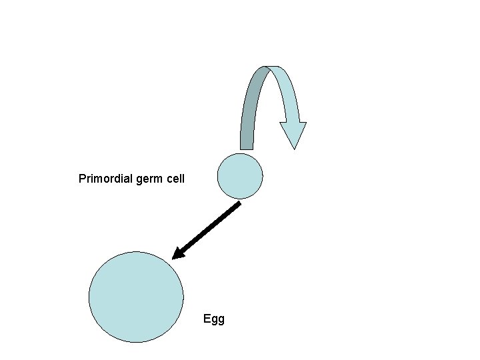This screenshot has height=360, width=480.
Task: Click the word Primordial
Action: pyautogui.click(x=105, y=179)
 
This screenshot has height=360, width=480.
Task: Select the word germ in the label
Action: pyautogui.click(x=151, y=179)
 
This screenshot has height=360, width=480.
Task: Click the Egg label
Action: pyautogui.click(x=214, y=319)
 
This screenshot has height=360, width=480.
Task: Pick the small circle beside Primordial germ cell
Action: pyautogui.click(x=240, y=176)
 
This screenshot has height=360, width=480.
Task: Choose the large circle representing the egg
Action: pyautogui.click(x=136, y=297)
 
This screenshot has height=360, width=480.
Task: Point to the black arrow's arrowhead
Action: pyautogui.click(x=178, y=254)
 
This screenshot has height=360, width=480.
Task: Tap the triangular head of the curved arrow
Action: pyautogui.click(x=293, y=133)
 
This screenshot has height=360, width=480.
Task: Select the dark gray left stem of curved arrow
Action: pyautogui.click(x=249, y=113)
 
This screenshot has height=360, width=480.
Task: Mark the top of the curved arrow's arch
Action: pyautogui.click(x=271, y=68)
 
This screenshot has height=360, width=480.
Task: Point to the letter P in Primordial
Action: pyautogui.click(x=82, y=179)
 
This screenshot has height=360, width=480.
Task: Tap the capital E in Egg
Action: pyautogui.click(x=207, y=319)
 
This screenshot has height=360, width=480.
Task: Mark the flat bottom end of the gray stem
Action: pyautogui.click(x=247, y=147)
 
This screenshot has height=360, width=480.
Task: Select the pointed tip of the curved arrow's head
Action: pyautogui.click(x=294, y=147)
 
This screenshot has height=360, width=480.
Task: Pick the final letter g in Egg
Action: pyautogui.click(x=221, y=320)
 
